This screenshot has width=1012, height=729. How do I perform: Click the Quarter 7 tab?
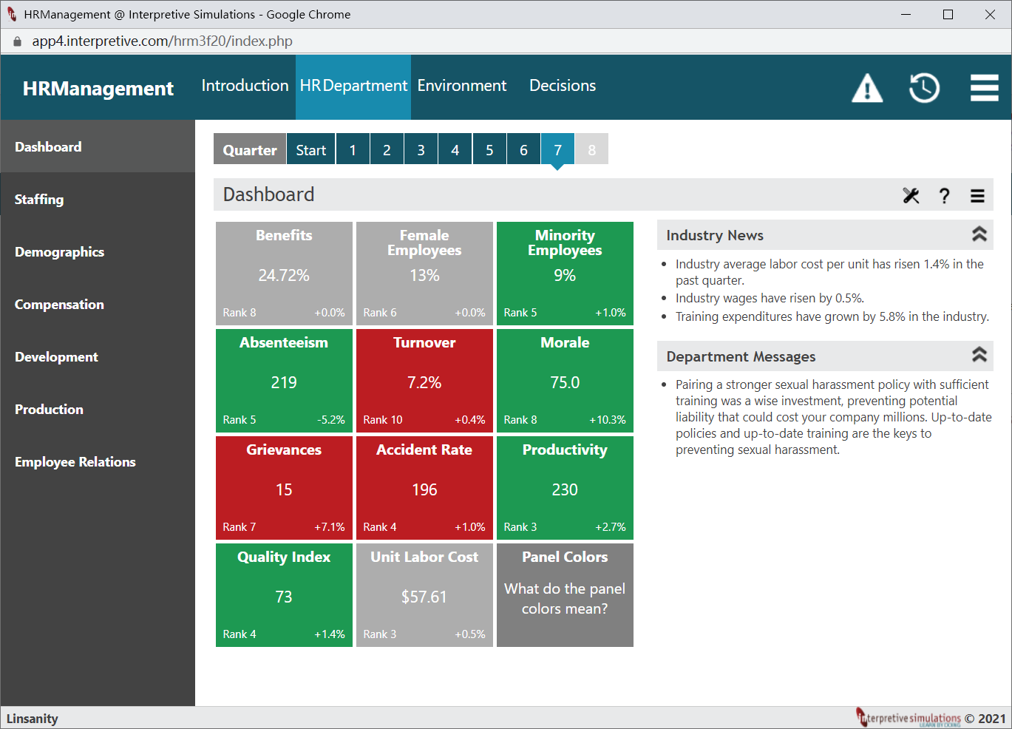tap(557, 149)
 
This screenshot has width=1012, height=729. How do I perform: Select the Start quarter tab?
tap(310, 149)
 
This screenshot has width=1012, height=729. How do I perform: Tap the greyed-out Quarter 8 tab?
tap(591, 149)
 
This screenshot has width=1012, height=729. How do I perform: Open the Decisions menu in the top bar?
tap(563, 86)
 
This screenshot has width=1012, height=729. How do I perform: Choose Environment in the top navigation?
tap(462, 86)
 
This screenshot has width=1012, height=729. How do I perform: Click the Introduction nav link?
tap(245, 86)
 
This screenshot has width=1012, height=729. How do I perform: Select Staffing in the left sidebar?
tap(39, 200)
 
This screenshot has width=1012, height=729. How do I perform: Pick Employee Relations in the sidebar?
tap(75, 461)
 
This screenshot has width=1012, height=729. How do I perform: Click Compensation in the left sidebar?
tap(59, 304)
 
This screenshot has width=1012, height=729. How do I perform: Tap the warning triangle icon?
tap(867, 88)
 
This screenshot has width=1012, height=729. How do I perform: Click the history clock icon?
tap(924, 88)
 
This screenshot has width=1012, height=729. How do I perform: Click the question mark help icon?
tap(944, 196)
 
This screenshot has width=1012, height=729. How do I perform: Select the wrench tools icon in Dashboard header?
tap(911, 196)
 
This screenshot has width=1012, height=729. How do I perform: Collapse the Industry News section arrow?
tap(979, 234)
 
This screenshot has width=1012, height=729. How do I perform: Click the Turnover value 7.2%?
tap(424, 382)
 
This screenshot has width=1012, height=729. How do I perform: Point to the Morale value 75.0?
tap(565, 382)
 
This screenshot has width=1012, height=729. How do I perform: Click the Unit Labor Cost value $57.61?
tap(424, 597)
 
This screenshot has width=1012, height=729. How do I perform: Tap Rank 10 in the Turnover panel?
tap(383, 419)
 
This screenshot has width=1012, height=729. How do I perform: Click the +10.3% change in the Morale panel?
tap(607, 419)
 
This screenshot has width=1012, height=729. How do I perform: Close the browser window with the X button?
tap(990, 15)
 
